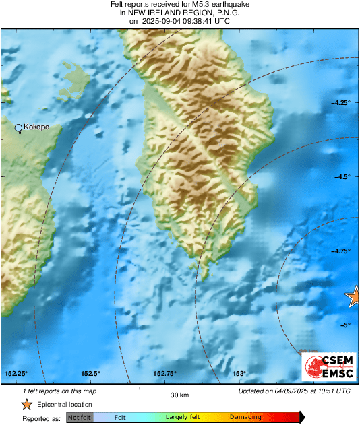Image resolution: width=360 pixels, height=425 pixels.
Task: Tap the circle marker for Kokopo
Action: tap(19, 127)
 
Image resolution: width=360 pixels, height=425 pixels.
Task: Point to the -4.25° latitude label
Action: tap(340, 102)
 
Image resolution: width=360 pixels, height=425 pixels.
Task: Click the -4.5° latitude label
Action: tap(342, 176)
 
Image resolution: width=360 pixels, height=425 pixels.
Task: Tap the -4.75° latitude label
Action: tap(340, 251)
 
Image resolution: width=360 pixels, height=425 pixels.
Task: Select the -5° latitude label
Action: tap(344, 325)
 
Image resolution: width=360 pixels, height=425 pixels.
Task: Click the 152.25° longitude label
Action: tap(16, 374)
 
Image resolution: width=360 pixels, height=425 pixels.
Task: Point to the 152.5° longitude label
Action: tap(90, 374)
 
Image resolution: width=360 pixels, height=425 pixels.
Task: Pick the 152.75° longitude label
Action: tap(164, 374)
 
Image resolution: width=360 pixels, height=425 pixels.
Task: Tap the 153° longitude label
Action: tap(239, 374)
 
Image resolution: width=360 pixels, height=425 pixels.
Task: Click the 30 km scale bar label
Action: tap(179, 395)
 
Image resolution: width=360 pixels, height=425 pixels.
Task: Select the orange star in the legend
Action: tap(26, 404)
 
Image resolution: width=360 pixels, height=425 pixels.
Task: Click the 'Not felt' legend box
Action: tap(80, 417)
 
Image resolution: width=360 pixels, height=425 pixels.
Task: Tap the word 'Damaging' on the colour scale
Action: tap(246, 417)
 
